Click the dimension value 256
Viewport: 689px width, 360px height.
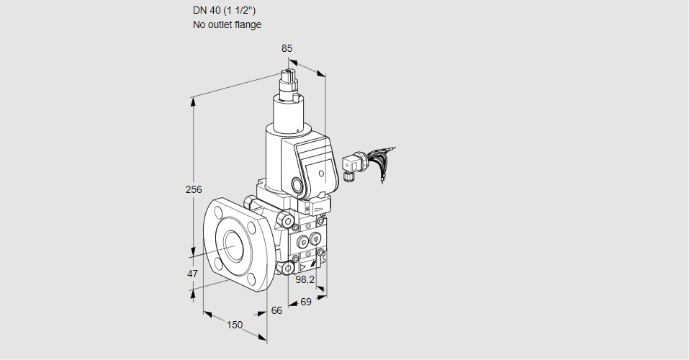pos(194,189)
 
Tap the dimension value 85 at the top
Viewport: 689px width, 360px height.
pos(287,48)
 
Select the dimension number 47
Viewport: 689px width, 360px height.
pos(192,274)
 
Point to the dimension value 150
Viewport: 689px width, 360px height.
pos(235,325)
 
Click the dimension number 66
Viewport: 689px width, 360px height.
pos(277,310)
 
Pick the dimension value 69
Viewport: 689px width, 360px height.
pos(305,302)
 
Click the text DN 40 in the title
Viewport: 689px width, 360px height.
pos(207,11)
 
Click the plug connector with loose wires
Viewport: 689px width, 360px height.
pos(353,165)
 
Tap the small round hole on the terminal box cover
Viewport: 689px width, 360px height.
pos(321,173)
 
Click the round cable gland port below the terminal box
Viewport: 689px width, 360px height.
pos(297,185)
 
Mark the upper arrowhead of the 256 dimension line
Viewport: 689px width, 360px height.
pos(193,101)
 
